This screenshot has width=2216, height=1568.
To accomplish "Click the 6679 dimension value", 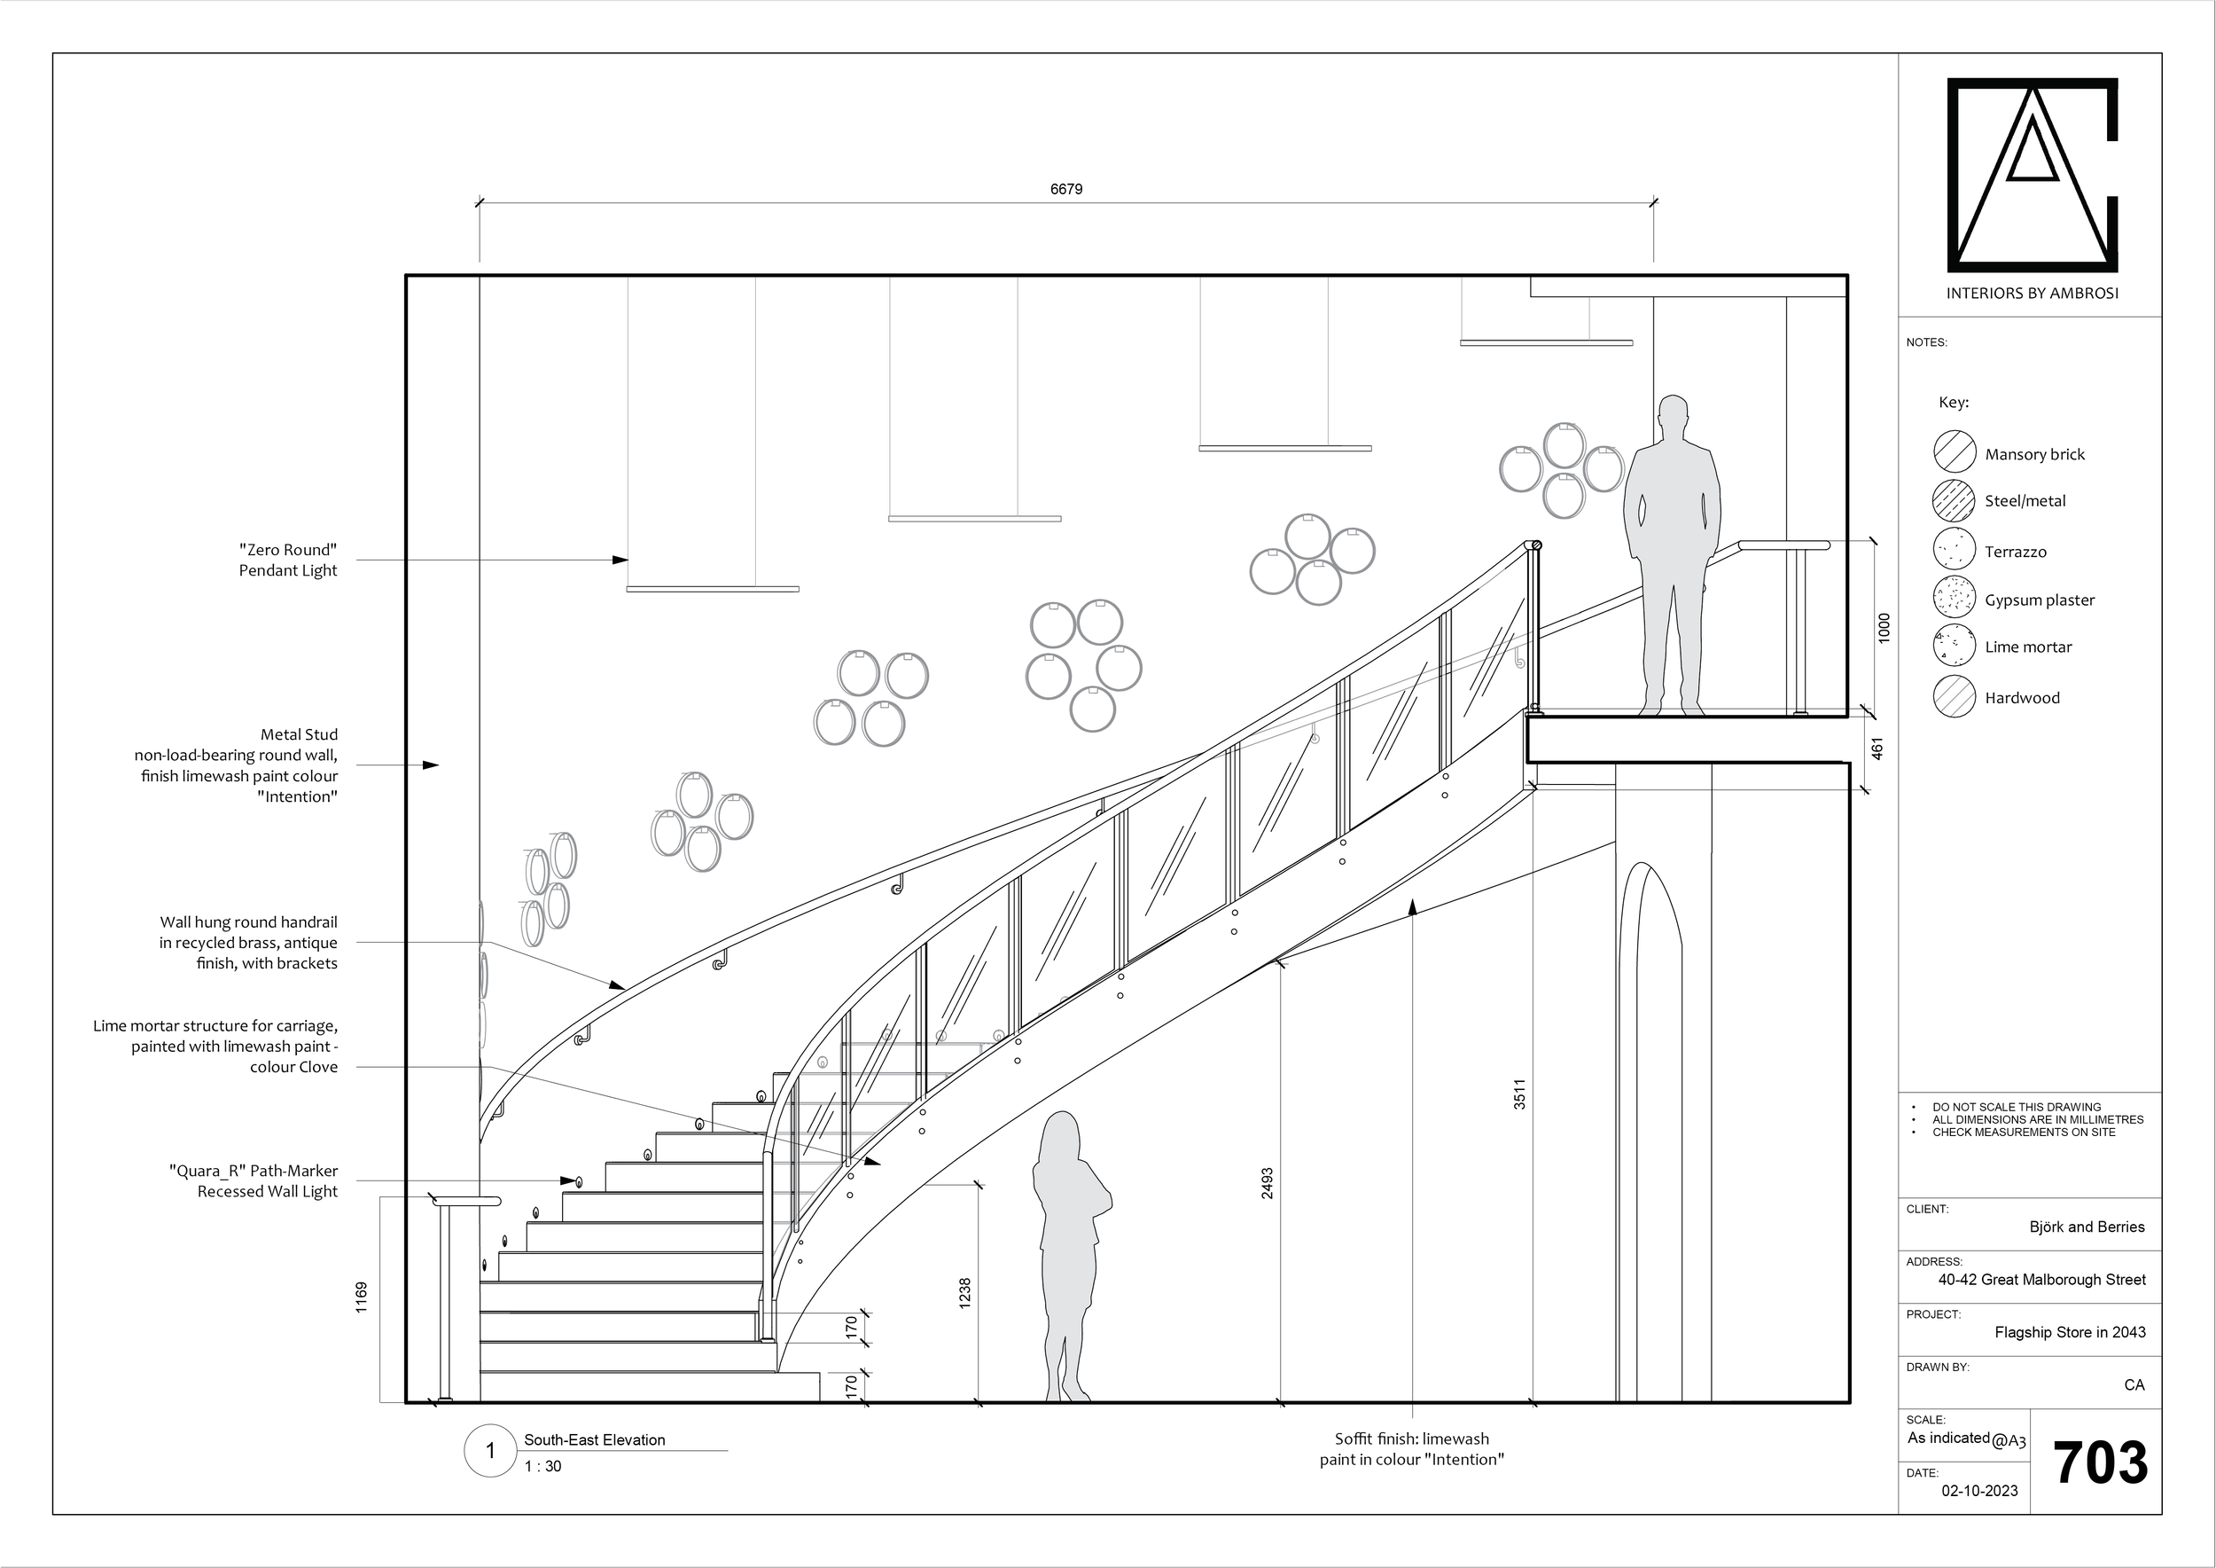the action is pyautogui.click(x=1065, y=189).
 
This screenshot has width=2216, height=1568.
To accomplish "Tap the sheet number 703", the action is pyautogui.click(x=2099, y=1462).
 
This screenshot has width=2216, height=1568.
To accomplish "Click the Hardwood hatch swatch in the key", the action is pyautogui.click(x=1955, y=696).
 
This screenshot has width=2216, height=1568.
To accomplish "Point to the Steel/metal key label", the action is pyautogui.click(x=2025, y=501).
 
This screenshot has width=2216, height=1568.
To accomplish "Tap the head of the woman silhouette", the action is pyautogui.click(x=1062, y=1133).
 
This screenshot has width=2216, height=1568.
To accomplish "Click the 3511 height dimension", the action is pyautogui.click(x=1519, y=1094).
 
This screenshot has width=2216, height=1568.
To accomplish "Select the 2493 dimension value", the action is pyautogui.click(x=1268, y=1184).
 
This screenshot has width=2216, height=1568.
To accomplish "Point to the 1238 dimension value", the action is pyautogui.click(x=964, y=1294).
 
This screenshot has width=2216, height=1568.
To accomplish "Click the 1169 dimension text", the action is pyautogui.click(x=362, y=1297).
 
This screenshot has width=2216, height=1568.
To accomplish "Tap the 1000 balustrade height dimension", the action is pyautogui.click(x=1883, y=629).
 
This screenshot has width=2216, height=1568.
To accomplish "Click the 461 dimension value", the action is pyautogui.click(x=1877, y=749).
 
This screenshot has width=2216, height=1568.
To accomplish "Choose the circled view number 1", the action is pyautogui.click(x=490, y=1450).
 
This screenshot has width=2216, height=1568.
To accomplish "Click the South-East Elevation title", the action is pyautogui.click(x=595, y=1439).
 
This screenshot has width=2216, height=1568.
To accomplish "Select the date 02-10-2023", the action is pyautogui.click(x=1979, y=1491).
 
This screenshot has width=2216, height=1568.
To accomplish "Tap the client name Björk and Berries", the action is pyautogui.click(x=2087, y=1227).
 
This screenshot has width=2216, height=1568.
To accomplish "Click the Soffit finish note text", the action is pyautogui.click(x=1411, y=1449).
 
